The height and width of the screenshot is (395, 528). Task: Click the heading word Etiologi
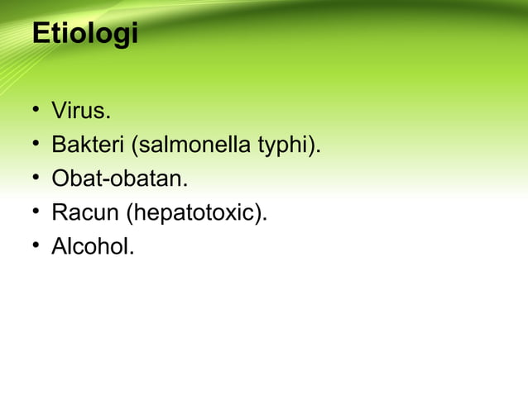[x=84, y=36]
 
